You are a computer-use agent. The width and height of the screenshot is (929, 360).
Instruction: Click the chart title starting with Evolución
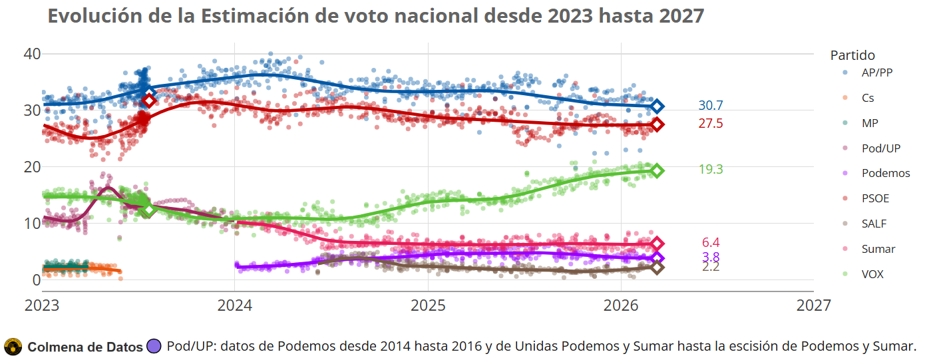(375, 16)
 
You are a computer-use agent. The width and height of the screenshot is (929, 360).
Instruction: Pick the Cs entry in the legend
(868, 98)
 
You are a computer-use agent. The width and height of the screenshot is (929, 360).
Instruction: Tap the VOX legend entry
(872, 274)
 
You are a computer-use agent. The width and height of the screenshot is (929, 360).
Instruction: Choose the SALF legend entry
(874, 224)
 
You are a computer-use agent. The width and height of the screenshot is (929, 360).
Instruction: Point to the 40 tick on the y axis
(31, 54)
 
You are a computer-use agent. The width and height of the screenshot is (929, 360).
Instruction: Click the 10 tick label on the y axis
(31, 223)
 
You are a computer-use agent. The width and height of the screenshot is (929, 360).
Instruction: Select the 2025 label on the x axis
(427, 305)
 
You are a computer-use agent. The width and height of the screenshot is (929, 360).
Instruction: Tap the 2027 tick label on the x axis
(813, 305)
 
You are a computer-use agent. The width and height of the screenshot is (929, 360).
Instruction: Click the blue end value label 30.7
(710, 106)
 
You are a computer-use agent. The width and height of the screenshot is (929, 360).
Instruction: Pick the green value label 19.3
(710, 170)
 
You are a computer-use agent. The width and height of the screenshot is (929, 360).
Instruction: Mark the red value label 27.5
(710, 124)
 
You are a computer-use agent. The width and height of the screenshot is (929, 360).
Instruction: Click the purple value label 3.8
(711, 257)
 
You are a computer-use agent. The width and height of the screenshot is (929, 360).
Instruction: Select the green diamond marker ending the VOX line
(657, 171)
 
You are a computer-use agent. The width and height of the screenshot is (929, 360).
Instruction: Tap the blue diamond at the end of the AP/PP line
(657, 106)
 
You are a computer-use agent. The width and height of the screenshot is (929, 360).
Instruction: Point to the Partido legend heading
(852, 55)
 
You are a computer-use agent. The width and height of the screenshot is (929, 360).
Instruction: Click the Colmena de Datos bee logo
(13, 347)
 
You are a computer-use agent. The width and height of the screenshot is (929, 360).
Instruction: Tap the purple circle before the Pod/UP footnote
(154, 347)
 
